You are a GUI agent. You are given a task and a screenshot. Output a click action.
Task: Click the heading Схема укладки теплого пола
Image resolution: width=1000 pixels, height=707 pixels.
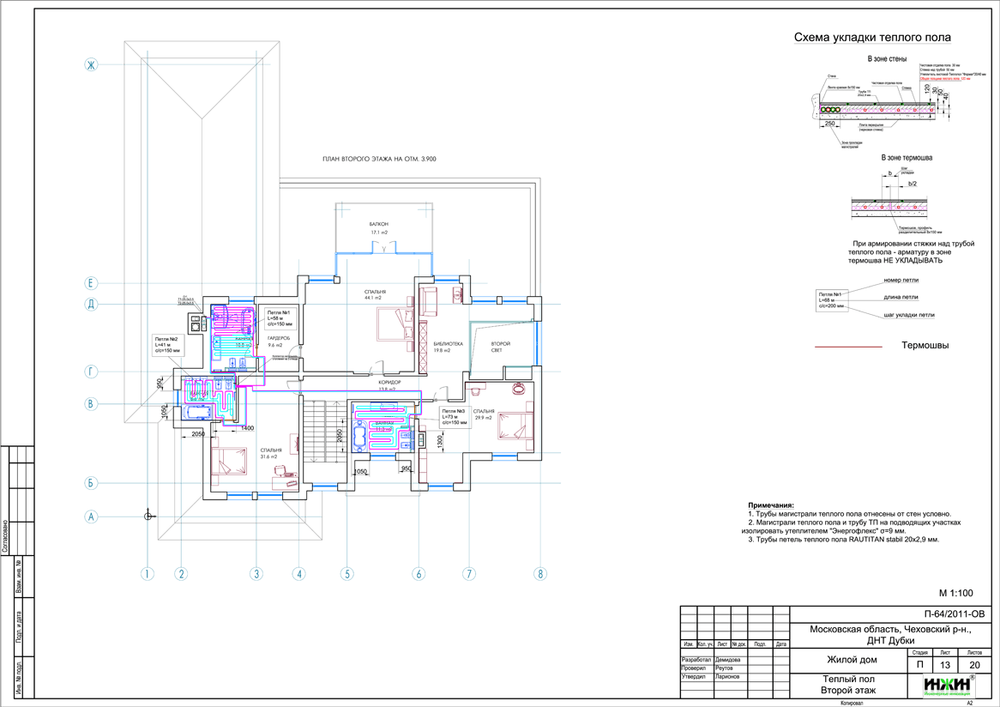[x=871, y=39]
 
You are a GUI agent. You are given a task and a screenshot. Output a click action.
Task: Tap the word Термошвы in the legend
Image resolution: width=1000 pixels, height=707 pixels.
[x=925, y=346]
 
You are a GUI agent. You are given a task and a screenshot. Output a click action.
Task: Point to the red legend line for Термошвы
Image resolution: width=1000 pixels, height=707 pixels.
[x=847, y=347]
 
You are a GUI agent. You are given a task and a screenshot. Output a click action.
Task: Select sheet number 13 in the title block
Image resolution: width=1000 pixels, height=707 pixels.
[x=945, y=665]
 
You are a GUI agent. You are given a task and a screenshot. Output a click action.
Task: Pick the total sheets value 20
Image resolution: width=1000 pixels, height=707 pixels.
[x=974, y=665]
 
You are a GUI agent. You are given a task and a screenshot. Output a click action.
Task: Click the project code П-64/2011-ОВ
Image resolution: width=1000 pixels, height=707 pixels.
[x=949, y=614]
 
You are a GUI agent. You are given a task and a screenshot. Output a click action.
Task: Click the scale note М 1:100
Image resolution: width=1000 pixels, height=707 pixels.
[x=955, y=593]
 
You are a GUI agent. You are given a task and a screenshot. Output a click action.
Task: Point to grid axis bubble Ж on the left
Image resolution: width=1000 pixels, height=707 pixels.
[x=93, y=63]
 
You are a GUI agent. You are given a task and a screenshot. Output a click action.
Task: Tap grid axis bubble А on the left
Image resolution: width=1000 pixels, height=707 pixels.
[x=93, y=517]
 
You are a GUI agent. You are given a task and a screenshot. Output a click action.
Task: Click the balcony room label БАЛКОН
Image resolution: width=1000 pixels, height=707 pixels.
[x=379, y=224]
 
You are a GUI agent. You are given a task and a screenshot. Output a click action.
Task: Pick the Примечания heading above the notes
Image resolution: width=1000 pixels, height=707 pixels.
[x=771, y=505]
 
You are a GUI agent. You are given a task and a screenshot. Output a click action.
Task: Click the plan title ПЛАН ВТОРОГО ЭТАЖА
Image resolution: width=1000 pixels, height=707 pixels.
[x=379, y=159]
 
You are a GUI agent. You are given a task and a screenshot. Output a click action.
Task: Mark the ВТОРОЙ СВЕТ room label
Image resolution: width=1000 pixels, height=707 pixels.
[x=500, y=346]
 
